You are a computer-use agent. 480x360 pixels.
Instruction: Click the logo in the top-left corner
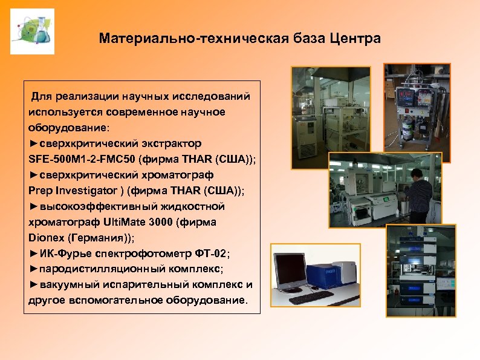coord(32,31)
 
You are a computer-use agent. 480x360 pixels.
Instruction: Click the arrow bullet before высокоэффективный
coord(33,206)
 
